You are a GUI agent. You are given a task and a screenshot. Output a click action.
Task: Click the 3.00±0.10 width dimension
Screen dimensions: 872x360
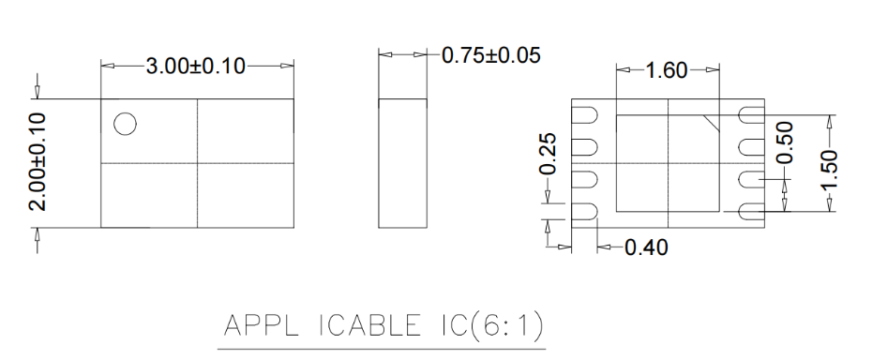[195, 67]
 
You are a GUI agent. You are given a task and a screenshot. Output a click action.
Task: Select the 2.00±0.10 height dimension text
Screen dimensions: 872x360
[38, 162]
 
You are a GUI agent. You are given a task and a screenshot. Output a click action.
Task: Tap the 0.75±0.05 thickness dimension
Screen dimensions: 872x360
[490, 55]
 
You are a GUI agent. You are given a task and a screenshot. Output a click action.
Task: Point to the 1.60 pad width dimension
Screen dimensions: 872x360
[667, 70]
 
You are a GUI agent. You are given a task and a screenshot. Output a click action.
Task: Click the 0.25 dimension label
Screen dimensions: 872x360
[549, 154]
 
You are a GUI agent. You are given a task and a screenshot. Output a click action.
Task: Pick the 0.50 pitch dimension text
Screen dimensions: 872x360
[785, 143]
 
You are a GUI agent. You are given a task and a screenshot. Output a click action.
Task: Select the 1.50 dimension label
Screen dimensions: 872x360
[829, 170]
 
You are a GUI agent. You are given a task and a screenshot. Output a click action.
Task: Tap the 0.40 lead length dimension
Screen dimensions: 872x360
[646, 247]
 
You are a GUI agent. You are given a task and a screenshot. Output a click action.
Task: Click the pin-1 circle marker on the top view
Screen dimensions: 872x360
[125, 124]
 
